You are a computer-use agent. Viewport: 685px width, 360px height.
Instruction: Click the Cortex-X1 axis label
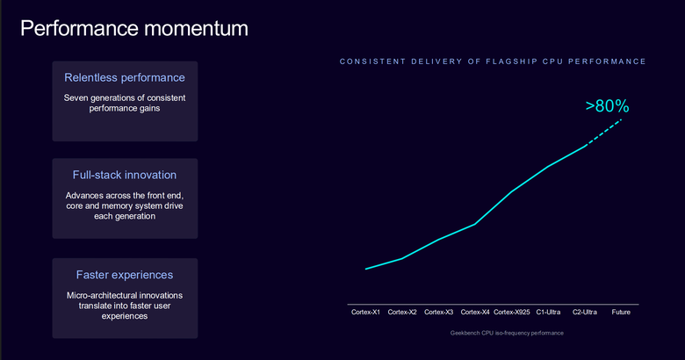tap(365, 312)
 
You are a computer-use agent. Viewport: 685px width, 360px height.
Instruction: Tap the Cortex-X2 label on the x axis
tap(402, 312)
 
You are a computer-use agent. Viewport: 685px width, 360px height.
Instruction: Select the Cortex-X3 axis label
tap(438, 312)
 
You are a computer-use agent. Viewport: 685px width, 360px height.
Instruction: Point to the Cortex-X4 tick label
tap(475, 312)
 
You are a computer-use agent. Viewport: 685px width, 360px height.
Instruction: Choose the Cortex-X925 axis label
tap(512, 312)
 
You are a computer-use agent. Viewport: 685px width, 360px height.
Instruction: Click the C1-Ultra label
tap(548, 312)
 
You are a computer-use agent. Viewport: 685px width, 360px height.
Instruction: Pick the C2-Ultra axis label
tap(585, 312)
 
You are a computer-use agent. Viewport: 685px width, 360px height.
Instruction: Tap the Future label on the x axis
tap(621, 312)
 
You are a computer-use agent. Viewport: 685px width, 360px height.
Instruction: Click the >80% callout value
tap(607, 106)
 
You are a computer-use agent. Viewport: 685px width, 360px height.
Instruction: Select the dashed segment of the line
tap(603, 133)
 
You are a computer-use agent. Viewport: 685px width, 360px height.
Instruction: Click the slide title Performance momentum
tap(134, 28)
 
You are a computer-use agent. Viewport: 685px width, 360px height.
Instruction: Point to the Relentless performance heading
tap(125, 77)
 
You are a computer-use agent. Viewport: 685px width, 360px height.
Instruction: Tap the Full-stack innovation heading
tap(125, 175)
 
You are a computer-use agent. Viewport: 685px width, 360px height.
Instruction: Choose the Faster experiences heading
tap(125, 275)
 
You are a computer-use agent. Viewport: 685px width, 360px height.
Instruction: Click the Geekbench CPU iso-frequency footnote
tap(507, 333)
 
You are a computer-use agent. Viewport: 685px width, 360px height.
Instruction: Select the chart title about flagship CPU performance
tap(493, 61)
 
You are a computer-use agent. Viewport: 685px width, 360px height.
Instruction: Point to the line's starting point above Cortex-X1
tap(365, 269)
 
